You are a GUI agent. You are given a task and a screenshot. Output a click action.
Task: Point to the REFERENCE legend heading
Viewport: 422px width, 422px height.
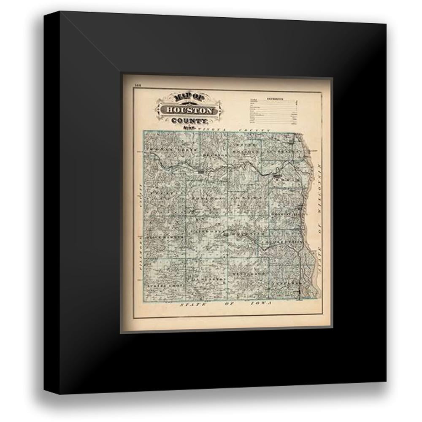(x=275, y=99)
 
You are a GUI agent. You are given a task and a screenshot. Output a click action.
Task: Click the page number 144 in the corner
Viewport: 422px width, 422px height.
(x=137, y=86)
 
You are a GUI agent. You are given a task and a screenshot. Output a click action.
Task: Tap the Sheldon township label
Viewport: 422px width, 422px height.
(x=207, y=197)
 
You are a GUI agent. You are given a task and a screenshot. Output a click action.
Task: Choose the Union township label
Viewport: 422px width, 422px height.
(x=249, y=197)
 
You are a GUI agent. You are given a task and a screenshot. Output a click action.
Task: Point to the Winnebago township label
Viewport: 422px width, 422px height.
(x=249, y=273)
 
